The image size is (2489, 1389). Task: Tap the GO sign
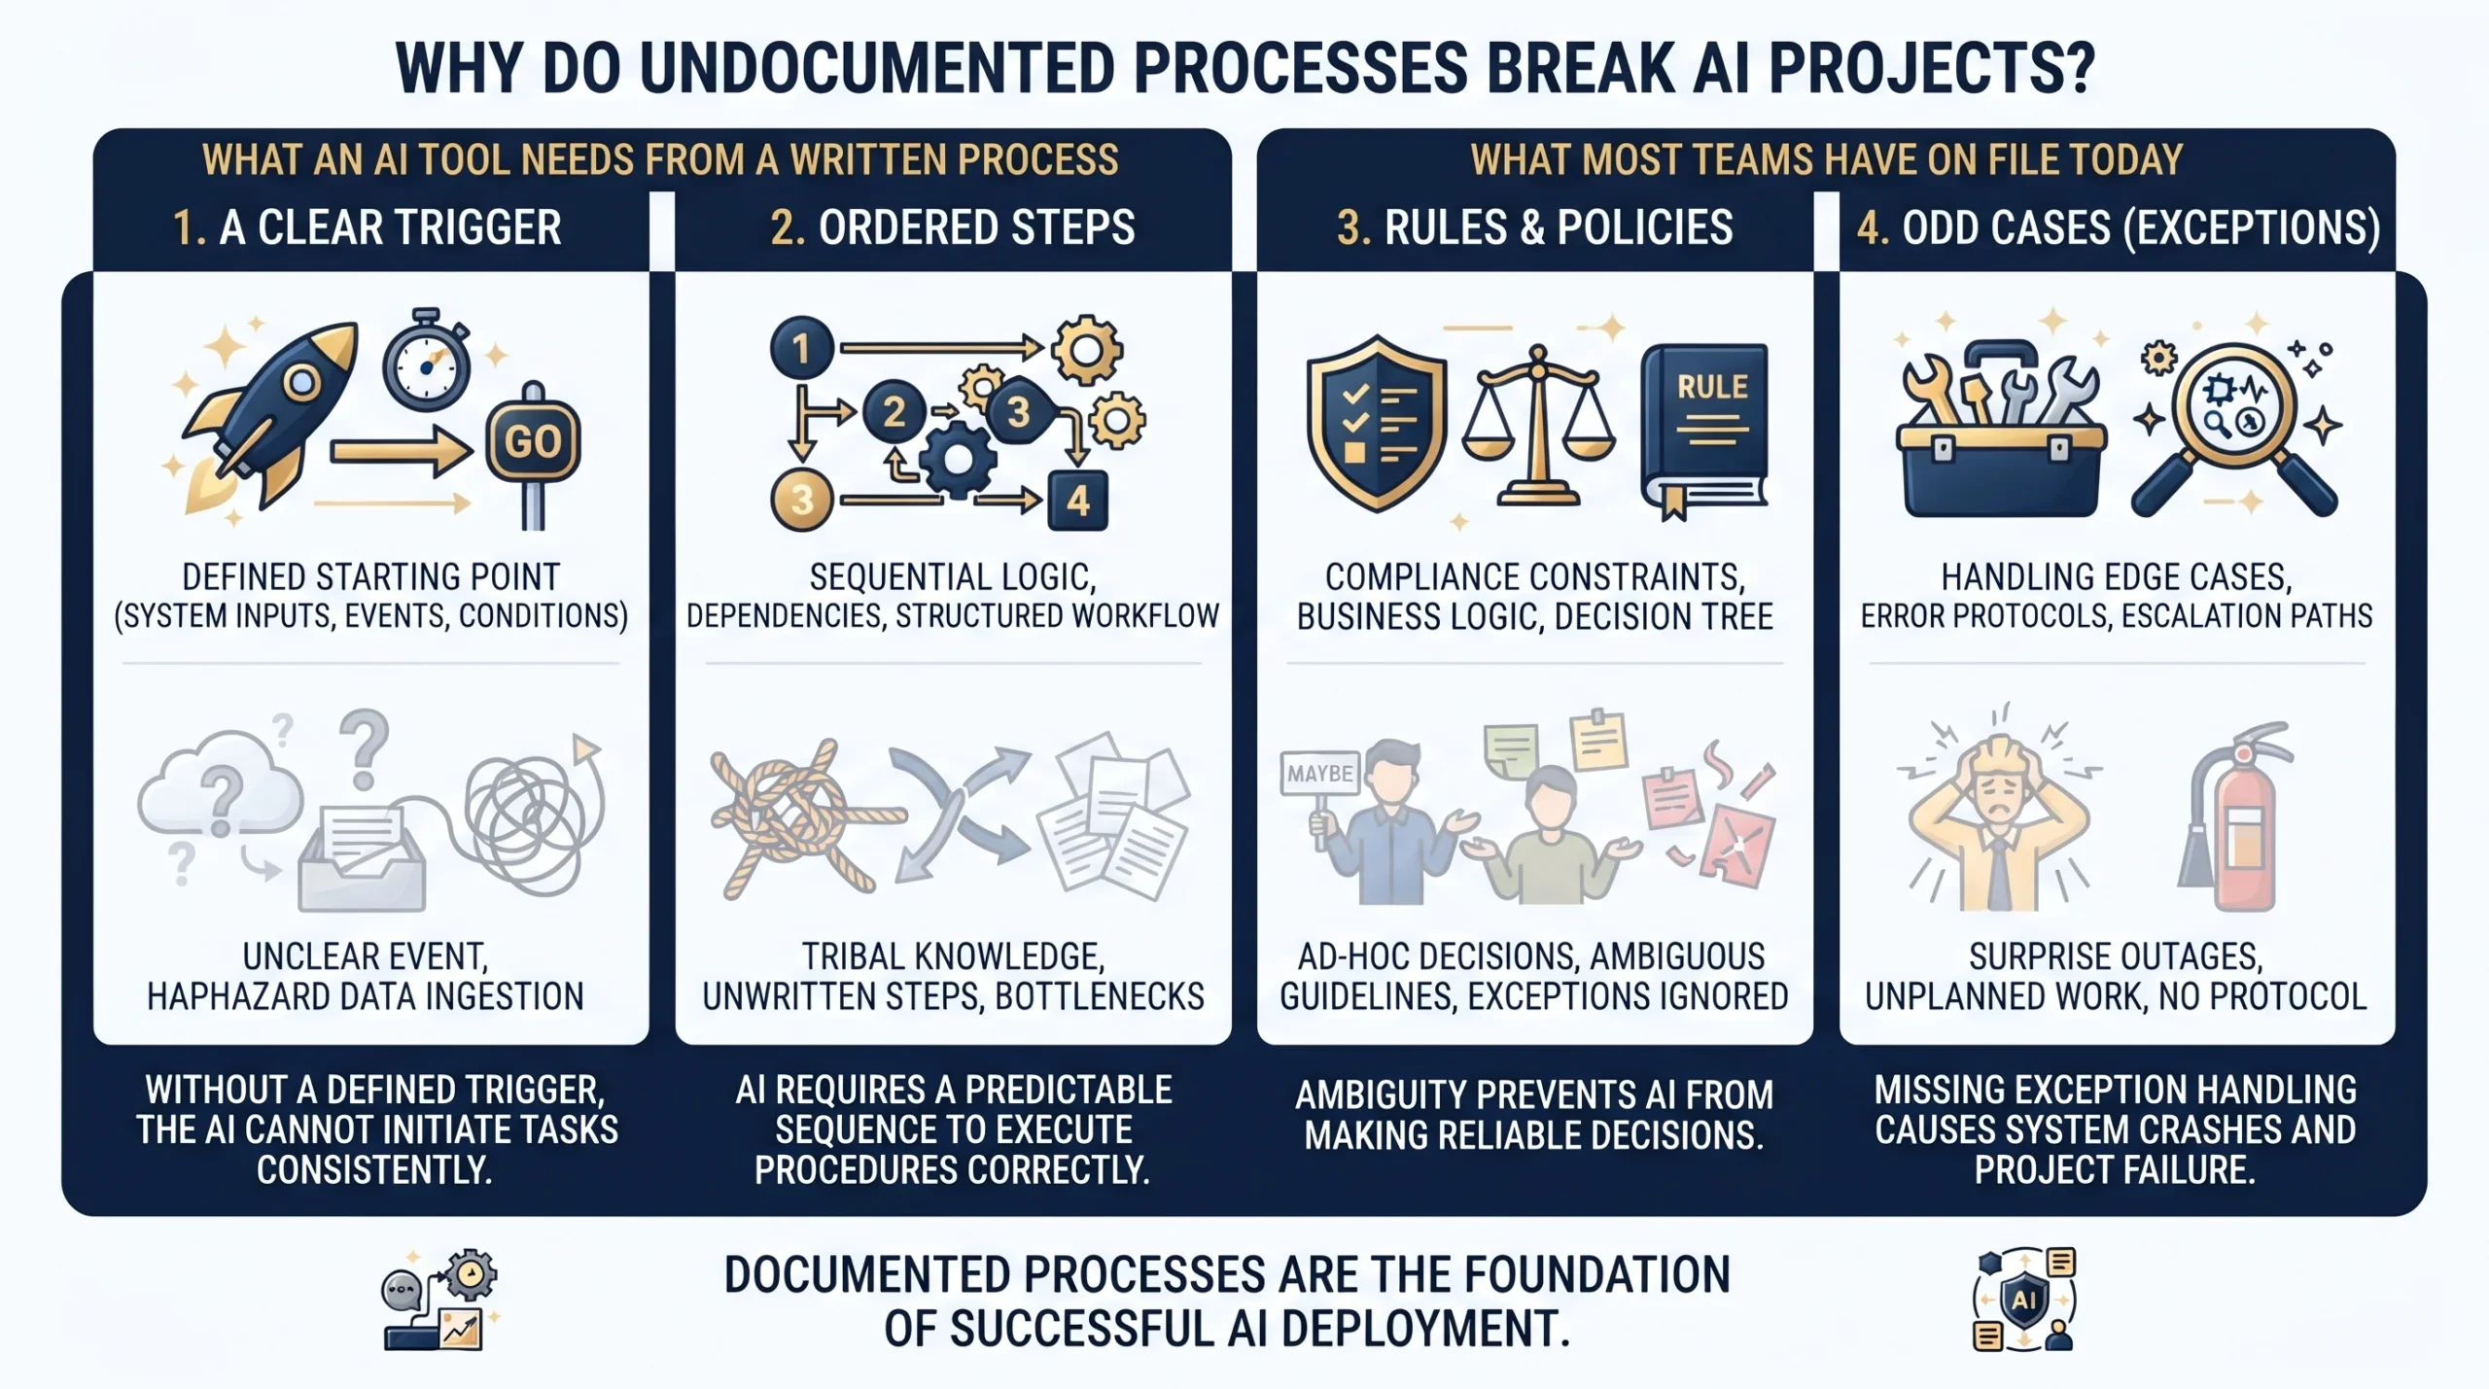(533, 442)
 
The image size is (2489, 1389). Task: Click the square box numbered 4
(1077, 501)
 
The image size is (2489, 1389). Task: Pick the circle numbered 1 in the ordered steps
(802, 348)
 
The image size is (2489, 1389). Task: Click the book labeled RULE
(1704, 428)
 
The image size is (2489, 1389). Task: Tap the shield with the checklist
(1377, 424)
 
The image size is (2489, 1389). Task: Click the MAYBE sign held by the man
(1319, 774)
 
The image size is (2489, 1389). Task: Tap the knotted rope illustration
(792, 816)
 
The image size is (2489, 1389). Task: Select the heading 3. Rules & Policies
(1534, 228)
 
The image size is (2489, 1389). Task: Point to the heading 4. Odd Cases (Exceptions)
(2118, 228)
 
